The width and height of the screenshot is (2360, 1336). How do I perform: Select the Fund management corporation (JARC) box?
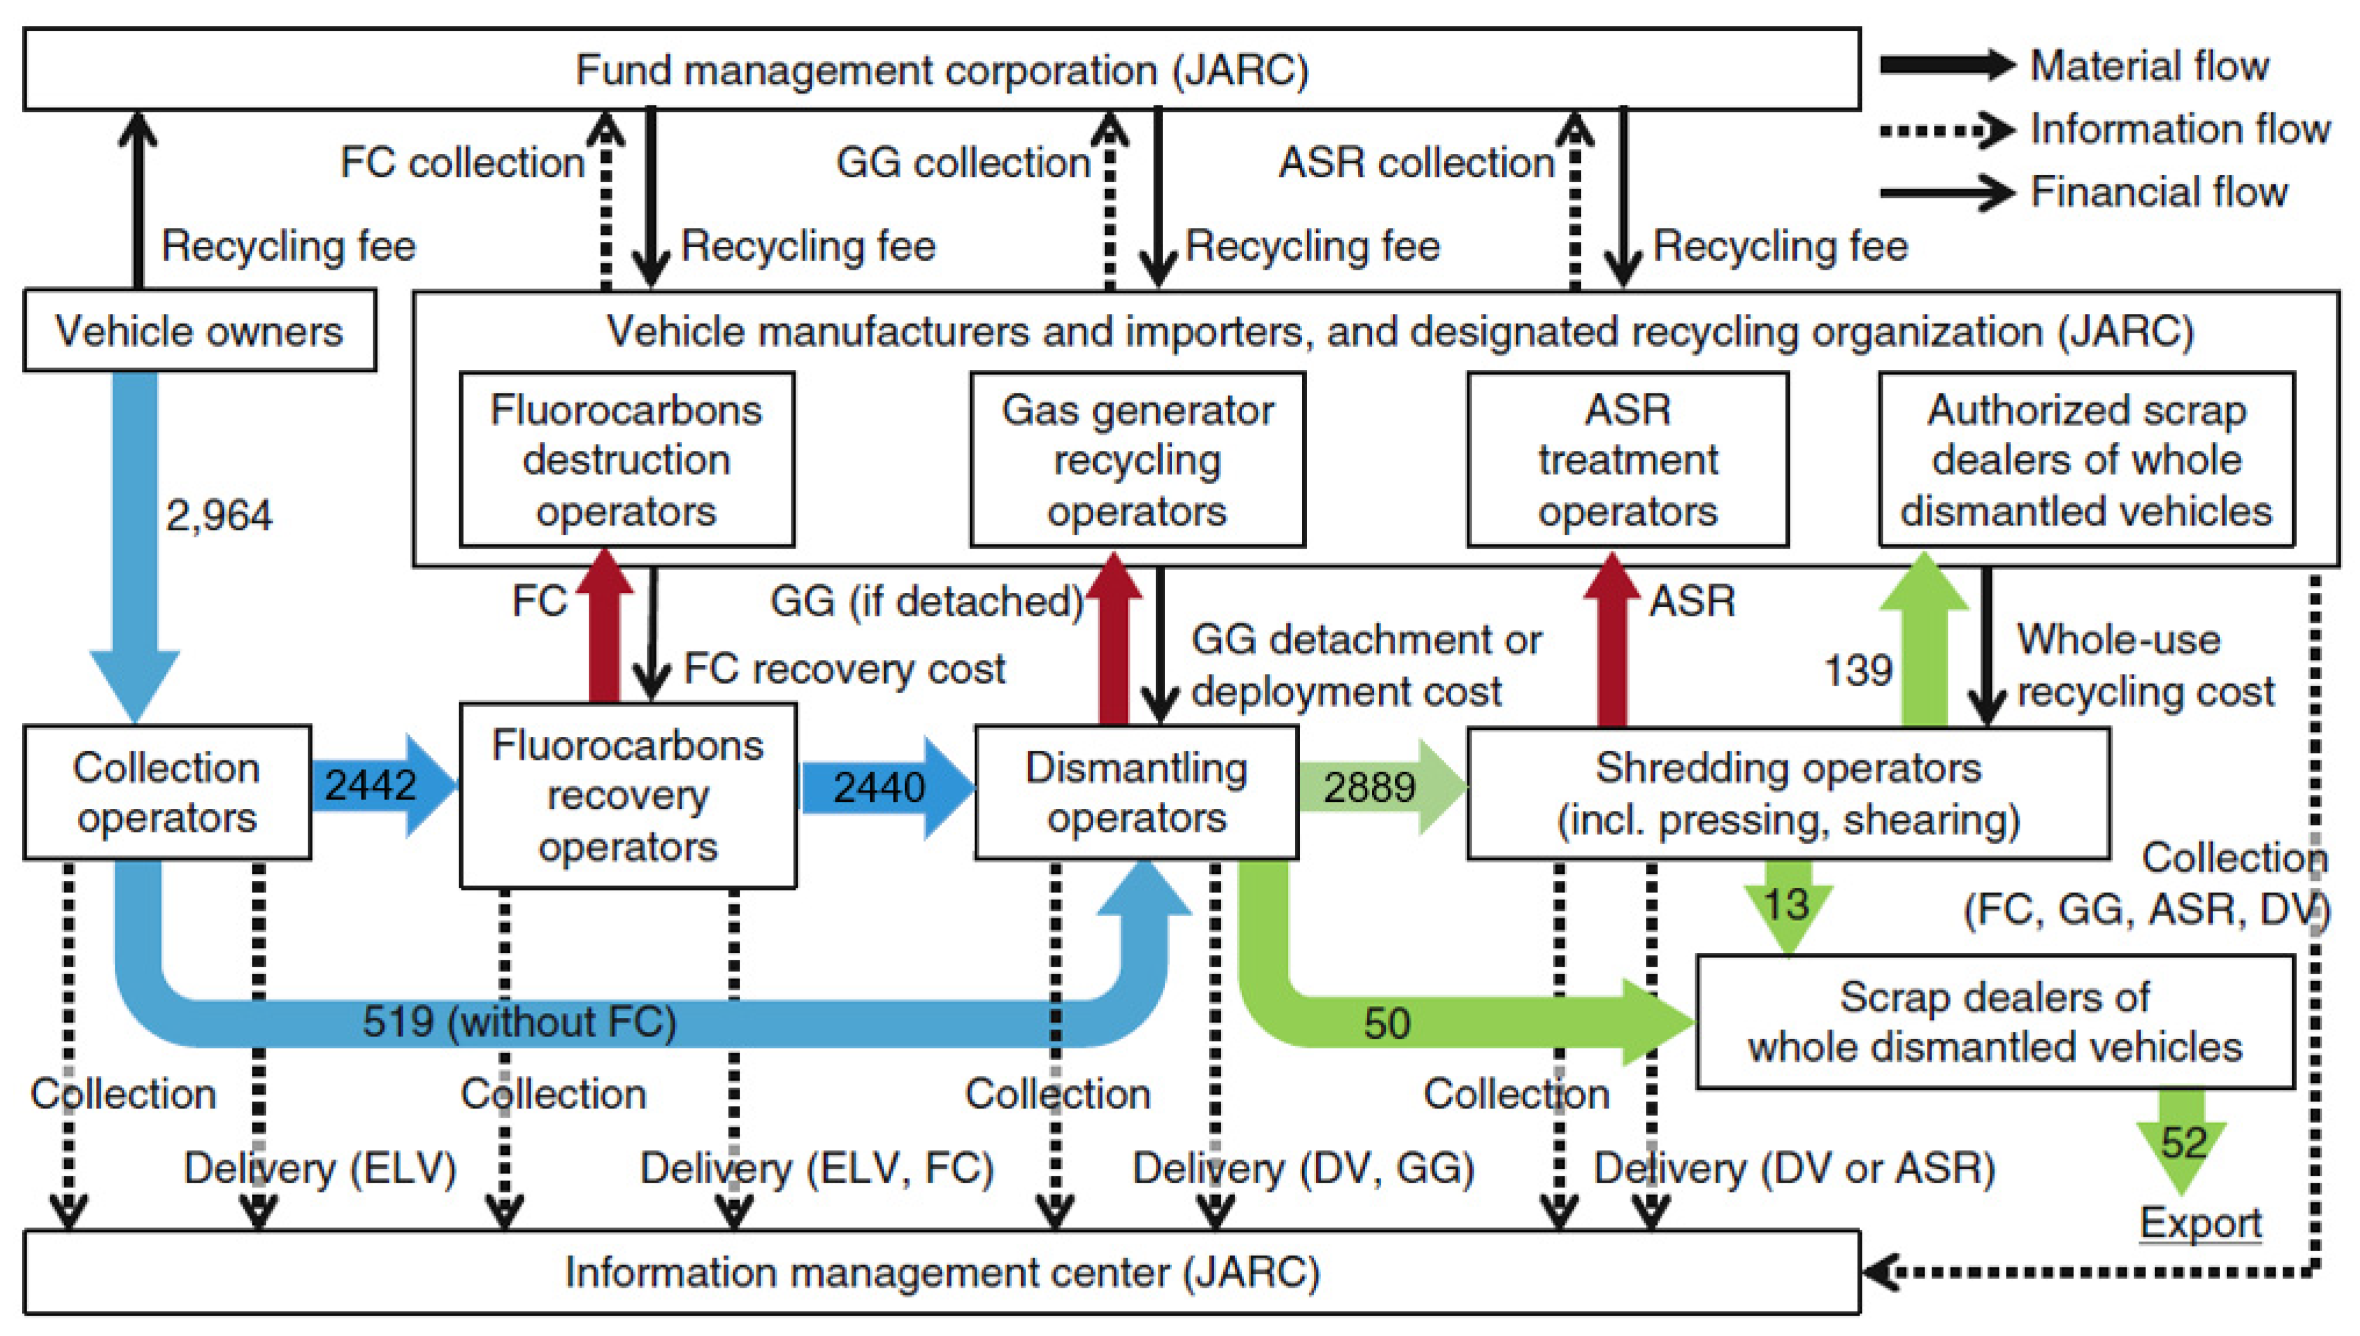click(x=941, y=70)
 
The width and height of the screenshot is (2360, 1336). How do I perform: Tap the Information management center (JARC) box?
click(x=941, y=1273)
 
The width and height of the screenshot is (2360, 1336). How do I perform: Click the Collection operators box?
click(x=167, y=793)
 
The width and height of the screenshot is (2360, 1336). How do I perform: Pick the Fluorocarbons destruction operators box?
click(x=626, y=460)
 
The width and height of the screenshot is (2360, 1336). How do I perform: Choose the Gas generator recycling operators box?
click(x=1137, y=460)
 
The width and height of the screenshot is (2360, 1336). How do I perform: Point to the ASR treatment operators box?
click(x=1627, y=460)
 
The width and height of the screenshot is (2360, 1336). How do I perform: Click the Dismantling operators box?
click(x=1136, y=793)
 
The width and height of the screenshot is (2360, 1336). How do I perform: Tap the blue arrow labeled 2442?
click(x=381, y=786)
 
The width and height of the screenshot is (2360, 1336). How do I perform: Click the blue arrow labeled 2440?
click(x=885, y=787)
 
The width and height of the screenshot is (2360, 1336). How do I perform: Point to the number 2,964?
click(x=218, y=515)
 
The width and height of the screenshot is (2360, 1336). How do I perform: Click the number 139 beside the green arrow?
click(x=1857, y=670)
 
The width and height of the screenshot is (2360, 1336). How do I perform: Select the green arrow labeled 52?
click(x=2183, y=1140)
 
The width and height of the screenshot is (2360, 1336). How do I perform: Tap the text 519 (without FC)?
click(x=519, y=1021)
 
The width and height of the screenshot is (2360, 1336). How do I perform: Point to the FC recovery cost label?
click(x=844, y=668)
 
